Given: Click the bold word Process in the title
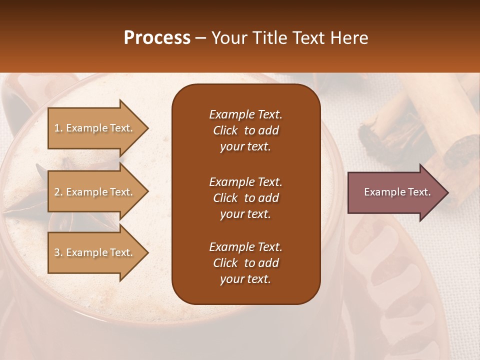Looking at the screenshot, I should (157, 38).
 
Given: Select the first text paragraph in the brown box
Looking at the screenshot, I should (245, 130).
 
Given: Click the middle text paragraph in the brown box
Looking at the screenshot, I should (245, 197).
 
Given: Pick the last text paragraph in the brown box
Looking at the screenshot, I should (245, 263).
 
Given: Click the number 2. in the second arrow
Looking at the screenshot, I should (58, 192).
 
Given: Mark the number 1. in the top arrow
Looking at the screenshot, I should (58, 128).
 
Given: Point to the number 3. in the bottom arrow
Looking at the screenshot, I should (58, 252).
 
